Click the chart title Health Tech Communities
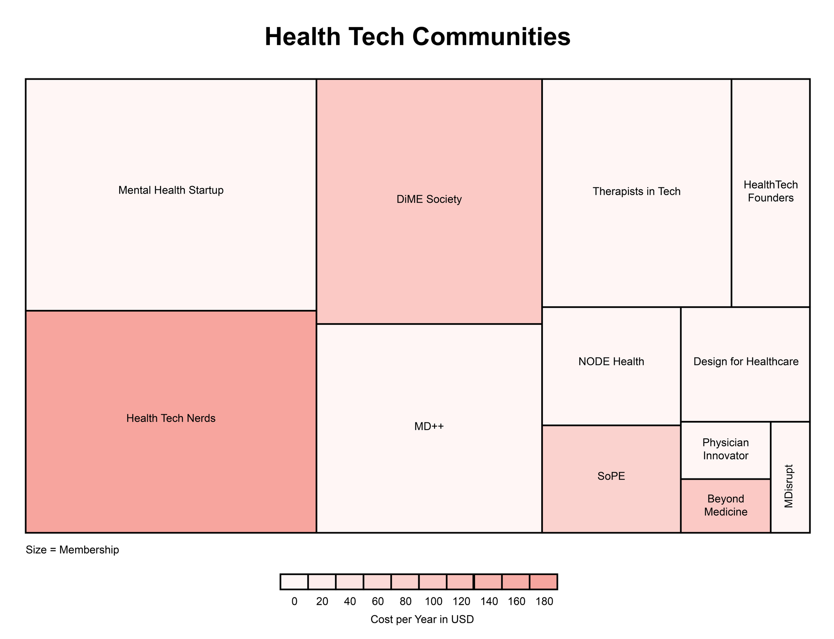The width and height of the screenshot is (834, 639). [x=417, y=37]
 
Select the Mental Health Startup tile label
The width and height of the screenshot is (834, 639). [x=171, y=191]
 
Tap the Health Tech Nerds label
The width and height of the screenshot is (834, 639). [x=171, y=418]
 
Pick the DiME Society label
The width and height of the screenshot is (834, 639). [x=429, y=200]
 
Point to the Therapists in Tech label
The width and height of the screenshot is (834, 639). [x=636, y=191]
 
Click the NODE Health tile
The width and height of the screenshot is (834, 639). [x=611, y=362]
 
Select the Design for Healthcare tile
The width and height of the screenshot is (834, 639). [x=746, y=362]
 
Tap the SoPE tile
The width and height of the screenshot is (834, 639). [x=611, y=476]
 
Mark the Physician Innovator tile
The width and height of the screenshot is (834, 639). [x=726, y=449]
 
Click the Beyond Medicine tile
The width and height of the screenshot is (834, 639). [x=726, y=505]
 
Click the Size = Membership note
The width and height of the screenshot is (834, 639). [x=72, y=550]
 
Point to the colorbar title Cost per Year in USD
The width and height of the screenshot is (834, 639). [x=422, y=619]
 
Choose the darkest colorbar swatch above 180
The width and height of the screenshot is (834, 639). [x=543, y=582]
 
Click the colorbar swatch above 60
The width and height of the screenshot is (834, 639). [x=377, y=582]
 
